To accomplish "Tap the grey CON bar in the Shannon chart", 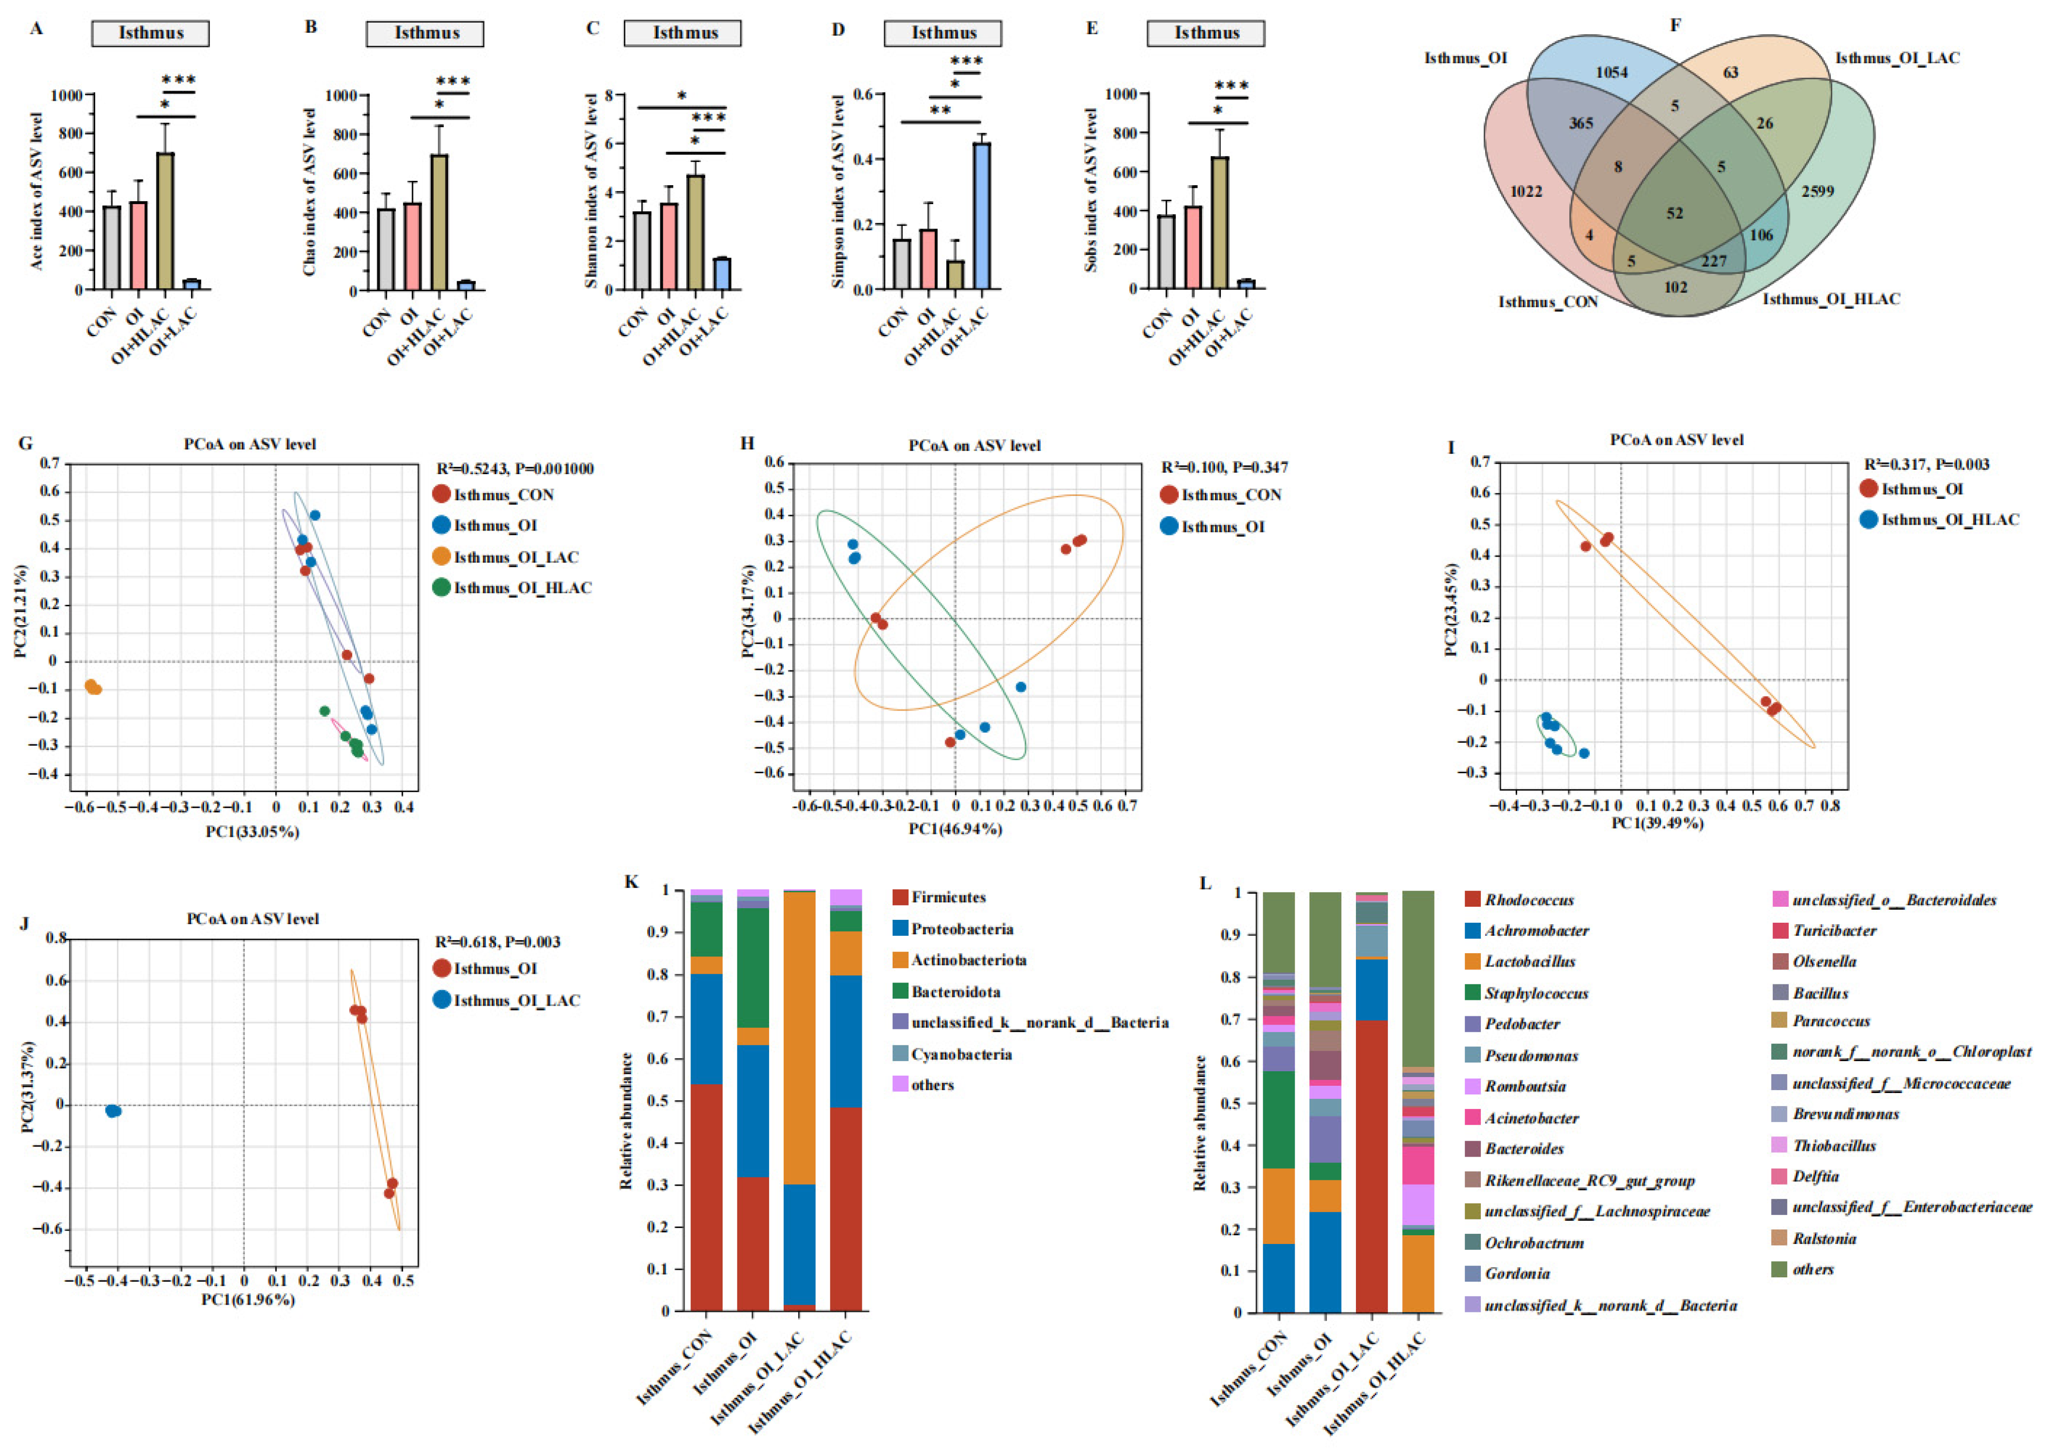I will tap(641, 250).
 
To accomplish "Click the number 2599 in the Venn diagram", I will tap(1817, 191).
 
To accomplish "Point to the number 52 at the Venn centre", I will tap(1675, 213).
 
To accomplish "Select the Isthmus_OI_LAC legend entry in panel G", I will tap(515, 557).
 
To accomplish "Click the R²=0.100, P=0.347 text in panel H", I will tap(1224, 467).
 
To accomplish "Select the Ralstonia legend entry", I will tap(1824, 1239).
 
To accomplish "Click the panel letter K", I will tap(632, 883).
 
